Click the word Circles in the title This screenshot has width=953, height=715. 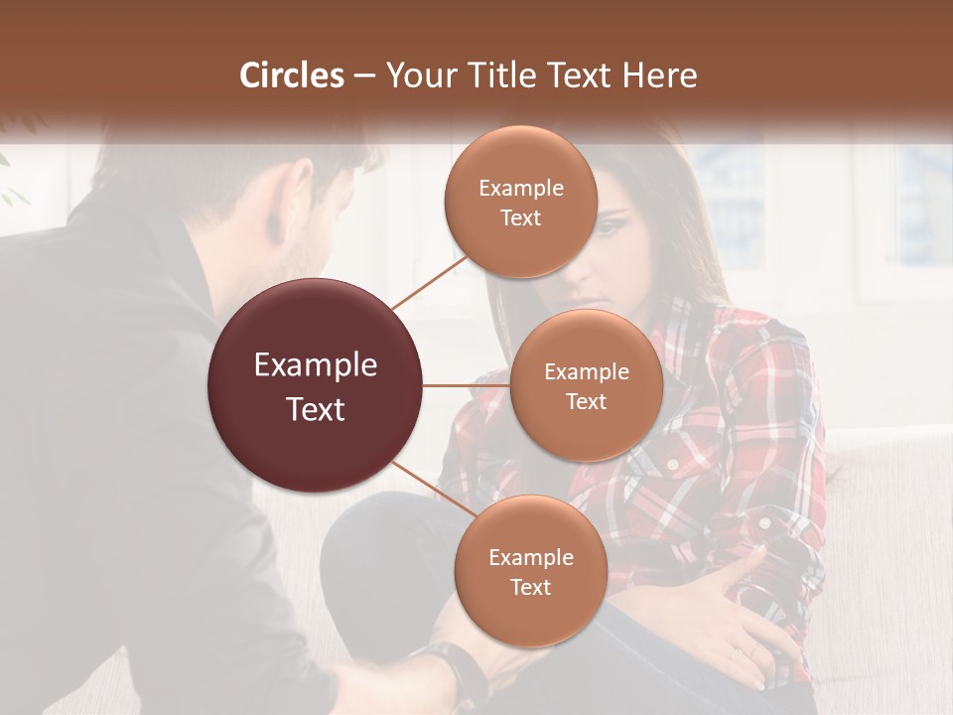click(x=291, y=75)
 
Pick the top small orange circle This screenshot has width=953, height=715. click(x=521, y=203)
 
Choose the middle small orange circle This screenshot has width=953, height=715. click(x=587, y=385)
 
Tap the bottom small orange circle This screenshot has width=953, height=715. click(x=531, y=571)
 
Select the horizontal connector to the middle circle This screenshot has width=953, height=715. click(x=466, y=385)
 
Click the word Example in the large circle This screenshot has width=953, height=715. click(x=316, y=365)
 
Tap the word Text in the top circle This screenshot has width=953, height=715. click(x=521, y=218)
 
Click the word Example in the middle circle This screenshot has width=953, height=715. click(x=587, y=372)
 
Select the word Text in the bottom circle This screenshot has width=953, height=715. click(x=531, y=587)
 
